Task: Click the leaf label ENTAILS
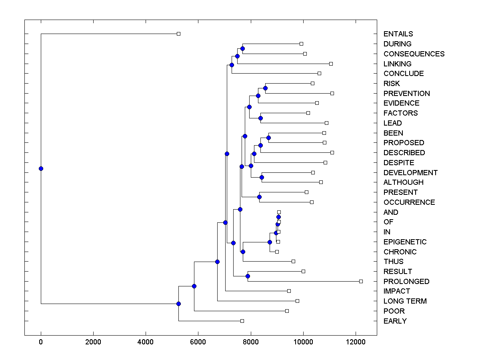[x=398, y=34]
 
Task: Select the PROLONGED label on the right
[x=406, y=282]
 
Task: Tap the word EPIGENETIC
[x=405, y=242]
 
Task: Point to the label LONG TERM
[x=405, y=301]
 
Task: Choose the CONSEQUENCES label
[x=414, y=54]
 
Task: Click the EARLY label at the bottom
[x=395, y=321]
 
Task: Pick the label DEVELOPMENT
[x=410, y=173]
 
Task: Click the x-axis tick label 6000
[x=198, y=342]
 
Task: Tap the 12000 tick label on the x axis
[x=355, y=342]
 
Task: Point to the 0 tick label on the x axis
[x=41, y=342]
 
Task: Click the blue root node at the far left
[x=41, y=168]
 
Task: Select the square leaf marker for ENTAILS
[x=179, y=34]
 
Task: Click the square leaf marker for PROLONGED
[x=361, y=281]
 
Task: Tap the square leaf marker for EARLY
[x=242, y=321]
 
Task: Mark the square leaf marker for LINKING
[x=331, y=64]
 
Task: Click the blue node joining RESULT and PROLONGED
[x=248, y=276]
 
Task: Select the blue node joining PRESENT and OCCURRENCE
[x=259, y=197]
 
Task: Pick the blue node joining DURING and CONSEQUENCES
[x=242, y=48]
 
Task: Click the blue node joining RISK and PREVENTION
[x=265, y=88]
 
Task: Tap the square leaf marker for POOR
[x=287, y=311]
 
